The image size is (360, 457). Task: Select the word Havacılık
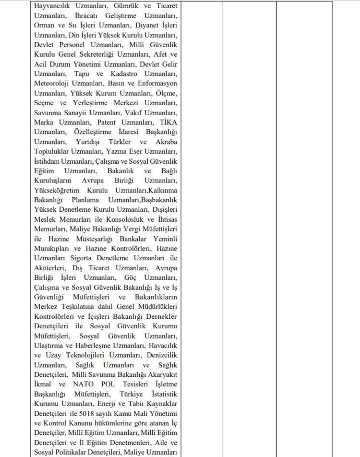tap(162, 345)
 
